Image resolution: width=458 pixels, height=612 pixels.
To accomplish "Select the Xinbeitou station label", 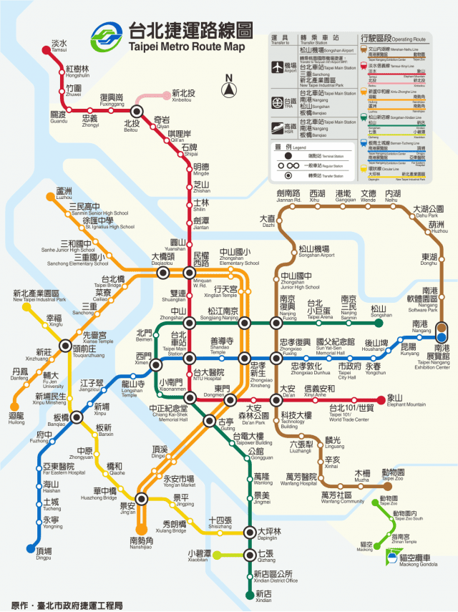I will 182,96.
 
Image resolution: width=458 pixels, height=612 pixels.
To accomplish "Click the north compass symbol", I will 229,89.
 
